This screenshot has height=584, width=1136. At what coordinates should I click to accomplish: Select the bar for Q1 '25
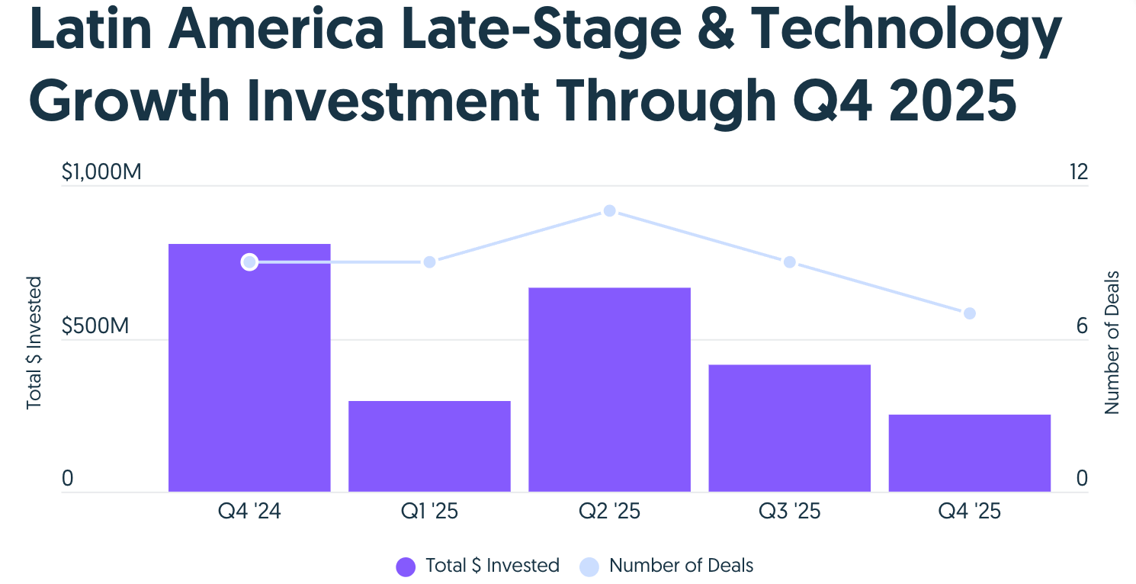pos(429,446)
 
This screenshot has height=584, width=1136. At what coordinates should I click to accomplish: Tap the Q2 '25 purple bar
pos(609,390)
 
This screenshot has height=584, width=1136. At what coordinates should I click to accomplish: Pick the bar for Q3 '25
pos(789,428)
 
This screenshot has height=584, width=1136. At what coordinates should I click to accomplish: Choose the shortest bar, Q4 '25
pos(969,453)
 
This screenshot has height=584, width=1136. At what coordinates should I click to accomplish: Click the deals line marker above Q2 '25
pos(609,210)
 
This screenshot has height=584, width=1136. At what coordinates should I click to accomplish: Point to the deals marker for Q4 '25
pos(969,313)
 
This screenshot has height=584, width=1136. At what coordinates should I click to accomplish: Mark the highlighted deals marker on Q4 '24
pos(249,262)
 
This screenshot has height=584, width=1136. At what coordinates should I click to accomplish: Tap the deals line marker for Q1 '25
pos(429,262)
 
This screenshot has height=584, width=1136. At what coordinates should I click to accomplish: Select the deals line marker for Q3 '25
pos(789,262)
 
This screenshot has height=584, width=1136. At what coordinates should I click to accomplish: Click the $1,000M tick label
pos(101,173)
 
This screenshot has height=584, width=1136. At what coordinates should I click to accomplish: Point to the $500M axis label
pos(96,326)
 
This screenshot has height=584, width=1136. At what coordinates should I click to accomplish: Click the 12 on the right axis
pos(1078,173)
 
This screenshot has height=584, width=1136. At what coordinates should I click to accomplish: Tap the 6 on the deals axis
pos(1082,326)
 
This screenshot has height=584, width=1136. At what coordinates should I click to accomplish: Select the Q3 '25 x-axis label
pos(789,511)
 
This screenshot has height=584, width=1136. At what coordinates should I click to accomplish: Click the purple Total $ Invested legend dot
pos(406,566)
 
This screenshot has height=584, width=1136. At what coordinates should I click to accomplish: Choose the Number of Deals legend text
pos(681,566)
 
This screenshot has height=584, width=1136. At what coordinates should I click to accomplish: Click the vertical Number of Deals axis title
pos(1112,342)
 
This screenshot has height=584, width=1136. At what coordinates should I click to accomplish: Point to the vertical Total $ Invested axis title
pos(34,342)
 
